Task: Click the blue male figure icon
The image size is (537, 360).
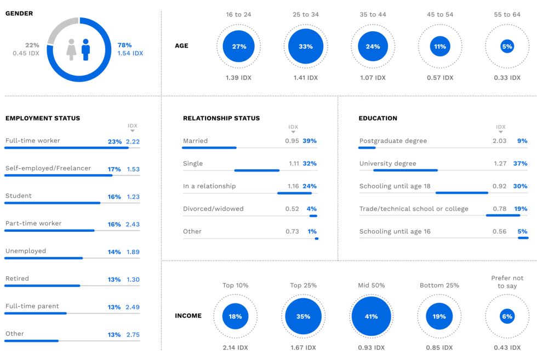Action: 85,49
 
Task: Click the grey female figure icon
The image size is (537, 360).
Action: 71,49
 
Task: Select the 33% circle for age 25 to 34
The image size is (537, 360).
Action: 305,47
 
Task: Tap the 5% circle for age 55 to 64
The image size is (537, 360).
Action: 507,47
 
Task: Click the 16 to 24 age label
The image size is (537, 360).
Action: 238,14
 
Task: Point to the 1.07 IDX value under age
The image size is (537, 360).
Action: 373,78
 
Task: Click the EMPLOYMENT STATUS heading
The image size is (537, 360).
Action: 43,118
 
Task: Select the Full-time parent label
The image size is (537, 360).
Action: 32,306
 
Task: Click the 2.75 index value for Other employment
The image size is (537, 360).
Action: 133,335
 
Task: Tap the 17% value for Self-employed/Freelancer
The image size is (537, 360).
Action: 115,169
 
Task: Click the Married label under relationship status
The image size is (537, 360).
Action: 195,141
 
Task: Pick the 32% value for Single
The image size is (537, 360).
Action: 310,163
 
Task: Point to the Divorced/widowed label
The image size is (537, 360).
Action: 213,209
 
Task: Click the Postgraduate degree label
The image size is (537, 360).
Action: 393,141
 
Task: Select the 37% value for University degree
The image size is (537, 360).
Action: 521,163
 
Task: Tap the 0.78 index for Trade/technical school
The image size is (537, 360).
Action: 499,209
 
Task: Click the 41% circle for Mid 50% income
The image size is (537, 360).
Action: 372,317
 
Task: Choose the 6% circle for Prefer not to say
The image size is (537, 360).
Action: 507,317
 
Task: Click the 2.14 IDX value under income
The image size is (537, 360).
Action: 236,348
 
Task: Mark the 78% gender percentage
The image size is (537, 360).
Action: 124,45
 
